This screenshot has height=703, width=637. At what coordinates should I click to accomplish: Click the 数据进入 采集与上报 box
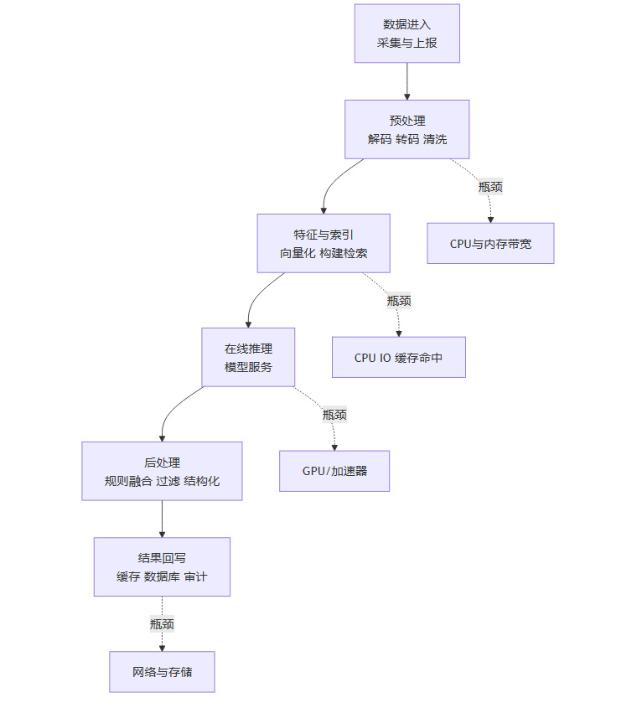tap(407, 34)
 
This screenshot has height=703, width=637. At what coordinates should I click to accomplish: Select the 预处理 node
tap(407, 129)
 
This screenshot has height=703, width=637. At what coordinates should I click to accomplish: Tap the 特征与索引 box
tap(323, 243)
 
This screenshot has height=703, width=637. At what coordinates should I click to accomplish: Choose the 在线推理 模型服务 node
tap(248, 357)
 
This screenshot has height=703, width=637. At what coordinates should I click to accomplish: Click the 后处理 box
tap(162, 471)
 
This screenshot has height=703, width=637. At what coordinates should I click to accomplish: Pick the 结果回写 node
tap(162, 566)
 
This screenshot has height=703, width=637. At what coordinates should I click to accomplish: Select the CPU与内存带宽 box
tap(490, 243)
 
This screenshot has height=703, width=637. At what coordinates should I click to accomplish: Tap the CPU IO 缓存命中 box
tap(398, 357)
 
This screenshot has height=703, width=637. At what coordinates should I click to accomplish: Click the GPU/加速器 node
tap(334, 471)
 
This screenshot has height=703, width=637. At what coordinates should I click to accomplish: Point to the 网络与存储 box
tap(162, 671)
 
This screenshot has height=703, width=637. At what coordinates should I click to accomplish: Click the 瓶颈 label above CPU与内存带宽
tap(490, 187)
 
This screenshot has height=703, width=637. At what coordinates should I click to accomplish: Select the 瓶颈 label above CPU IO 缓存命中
tap(399, 300)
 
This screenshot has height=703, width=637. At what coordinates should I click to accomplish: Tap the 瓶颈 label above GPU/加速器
tap(334, 414)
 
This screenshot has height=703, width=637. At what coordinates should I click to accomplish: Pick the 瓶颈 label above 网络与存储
tap(162, 623)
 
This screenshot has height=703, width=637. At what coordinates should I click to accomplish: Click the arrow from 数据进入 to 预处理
tap(407, 80)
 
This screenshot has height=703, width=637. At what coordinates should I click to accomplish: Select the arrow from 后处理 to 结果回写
tap(162, 519)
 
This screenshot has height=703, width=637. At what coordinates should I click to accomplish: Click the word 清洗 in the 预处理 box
tap(436, 139)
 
